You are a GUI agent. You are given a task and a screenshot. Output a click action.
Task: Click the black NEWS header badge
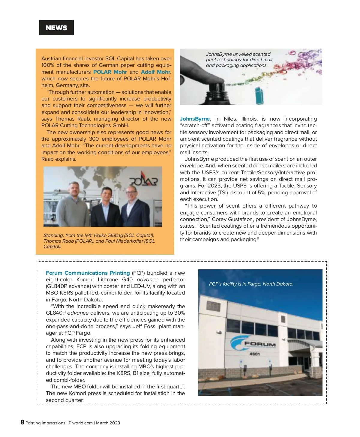[56, 28]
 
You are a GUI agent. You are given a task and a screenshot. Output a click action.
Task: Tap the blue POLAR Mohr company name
[110, 72]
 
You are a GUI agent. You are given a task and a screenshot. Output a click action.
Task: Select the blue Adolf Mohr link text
[155, 72]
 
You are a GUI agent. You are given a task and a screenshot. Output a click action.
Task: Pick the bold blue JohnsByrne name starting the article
[195, 119]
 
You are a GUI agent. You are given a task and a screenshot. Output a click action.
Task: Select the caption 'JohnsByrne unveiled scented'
[238, 54]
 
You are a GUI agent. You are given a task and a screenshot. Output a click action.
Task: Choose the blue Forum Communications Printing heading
[88, 273]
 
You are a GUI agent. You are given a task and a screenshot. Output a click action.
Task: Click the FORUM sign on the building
[260, 344]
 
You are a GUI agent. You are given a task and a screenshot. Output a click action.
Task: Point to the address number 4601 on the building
[255, 354]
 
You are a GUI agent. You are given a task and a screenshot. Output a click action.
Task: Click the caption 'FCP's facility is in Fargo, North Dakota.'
[251, 284]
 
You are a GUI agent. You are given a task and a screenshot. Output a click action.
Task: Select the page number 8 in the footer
[22, 422]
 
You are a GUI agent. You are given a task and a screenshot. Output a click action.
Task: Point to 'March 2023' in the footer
[108, 423]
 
